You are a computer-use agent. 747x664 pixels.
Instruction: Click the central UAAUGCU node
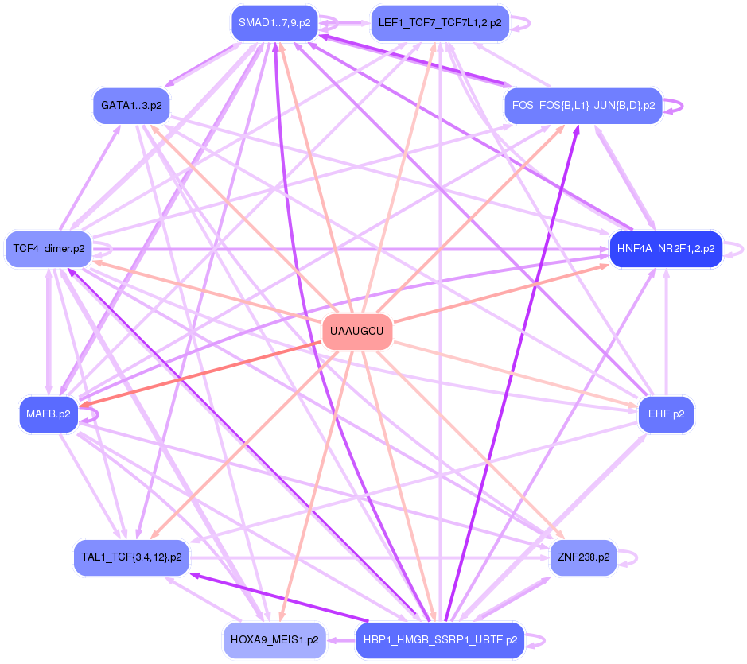(356, 331)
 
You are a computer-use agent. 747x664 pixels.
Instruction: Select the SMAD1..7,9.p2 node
(274, 23)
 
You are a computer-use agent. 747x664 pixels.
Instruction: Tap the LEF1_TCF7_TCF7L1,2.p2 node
(439, 23)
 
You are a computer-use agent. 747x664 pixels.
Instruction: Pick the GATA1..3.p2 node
(131, 105)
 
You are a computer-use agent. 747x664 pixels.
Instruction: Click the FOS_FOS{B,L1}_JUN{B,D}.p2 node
(583, 105)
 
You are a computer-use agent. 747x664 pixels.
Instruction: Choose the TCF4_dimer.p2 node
(49, 249)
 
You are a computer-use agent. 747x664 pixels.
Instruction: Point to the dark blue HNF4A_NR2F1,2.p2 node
(665, 249)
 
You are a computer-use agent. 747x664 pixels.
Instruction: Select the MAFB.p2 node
(48, 414)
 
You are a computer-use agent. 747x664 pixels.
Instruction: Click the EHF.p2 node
(666, 414)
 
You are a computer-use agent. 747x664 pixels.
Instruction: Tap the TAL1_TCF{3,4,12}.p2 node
(131, 557)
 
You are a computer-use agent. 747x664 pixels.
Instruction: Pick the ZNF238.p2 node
(583, 557)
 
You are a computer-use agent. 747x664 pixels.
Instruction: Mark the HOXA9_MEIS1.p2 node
(274, 639)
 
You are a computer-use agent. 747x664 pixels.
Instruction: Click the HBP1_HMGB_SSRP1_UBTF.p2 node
(439, 639)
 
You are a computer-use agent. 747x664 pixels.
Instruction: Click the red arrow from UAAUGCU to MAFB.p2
(199, 373)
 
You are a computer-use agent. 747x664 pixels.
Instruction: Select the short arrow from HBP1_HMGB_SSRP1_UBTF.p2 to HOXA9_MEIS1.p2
(340, 639)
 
